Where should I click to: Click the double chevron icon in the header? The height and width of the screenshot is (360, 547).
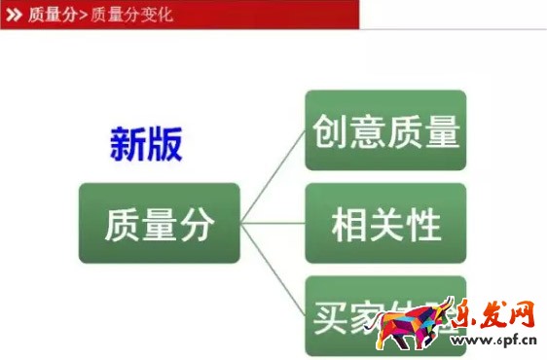(x=15, y=15)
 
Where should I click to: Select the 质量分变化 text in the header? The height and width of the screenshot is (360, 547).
(x=131, y=15)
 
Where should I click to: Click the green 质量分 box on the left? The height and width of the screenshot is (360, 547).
(x=159, y=223)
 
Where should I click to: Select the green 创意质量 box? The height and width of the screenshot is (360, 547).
(x=385, y=130)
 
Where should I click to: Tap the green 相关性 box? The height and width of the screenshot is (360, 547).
(x=385, y=223)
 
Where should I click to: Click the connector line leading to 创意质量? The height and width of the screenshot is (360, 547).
(x=274, y=175)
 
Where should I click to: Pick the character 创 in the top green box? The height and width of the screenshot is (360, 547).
(x=329, y=131)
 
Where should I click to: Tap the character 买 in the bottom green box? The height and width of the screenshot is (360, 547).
(x=331, y=317)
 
